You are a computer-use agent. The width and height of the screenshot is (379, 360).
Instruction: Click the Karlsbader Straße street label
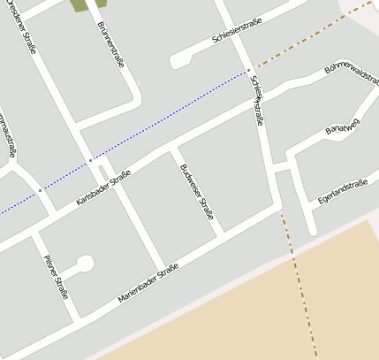(103, 188)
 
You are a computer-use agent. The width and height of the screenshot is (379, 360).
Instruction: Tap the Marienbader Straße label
(148, 284)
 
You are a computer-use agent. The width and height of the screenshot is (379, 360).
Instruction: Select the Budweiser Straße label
(196, 191)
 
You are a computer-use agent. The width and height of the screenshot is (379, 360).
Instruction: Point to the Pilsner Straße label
(56, 276)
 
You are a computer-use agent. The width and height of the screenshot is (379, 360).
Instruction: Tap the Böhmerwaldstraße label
(352, 73)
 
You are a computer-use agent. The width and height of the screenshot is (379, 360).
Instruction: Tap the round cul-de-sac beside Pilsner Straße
(85, 263)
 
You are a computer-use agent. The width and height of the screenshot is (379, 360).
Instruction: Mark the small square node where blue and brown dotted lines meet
(248, 70)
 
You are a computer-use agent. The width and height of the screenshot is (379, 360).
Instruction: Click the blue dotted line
(168, 116)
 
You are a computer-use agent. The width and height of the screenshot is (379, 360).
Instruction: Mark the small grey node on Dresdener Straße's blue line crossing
(89, 160)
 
